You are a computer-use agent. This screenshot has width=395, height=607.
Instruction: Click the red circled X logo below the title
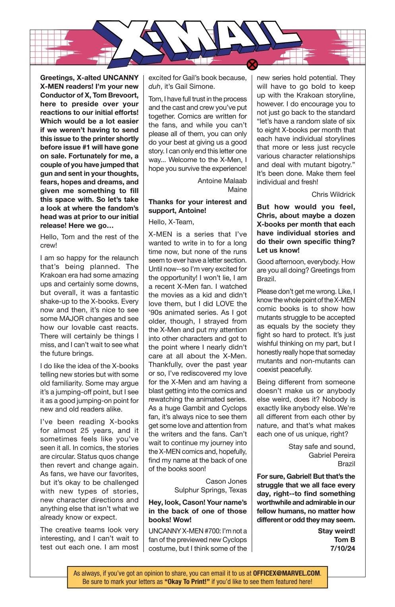click(x=252, y=64)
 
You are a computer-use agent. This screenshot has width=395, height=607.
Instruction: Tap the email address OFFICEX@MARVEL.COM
click(x=286, y=573)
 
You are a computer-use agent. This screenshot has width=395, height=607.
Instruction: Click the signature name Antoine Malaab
click(x=222, y=181)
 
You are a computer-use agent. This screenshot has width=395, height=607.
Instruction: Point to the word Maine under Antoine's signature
click(x=237, y=189)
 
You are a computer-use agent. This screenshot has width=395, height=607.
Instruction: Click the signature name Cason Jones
click(x=226, y=481)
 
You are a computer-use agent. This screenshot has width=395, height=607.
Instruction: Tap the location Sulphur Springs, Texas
click(x=211, y=490)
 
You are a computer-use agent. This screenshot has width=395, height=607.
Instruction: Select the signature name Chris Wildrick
click(x=333, y=194)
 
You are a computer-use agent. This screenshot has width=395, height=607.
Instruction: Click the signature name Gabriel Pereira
click(x=331, y=455)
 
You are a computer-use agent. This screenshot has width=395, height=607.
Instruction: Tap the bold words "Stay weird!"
click(x=336, y=531)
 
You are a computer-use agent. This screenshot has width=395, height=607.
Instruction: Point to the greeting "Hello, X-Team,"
click(x=171, y=222)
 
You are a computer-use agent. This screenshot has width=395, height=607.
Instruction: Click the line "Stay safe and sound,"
click(x=321, y=446)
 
